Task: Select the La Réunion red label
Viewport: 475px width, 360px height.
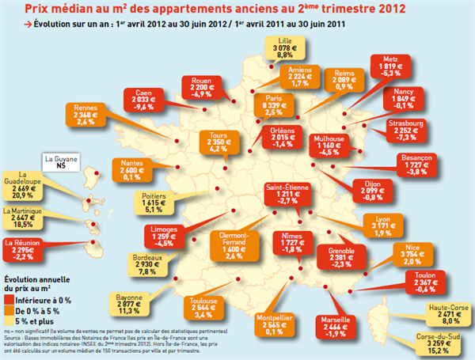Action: pos(23,249)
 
